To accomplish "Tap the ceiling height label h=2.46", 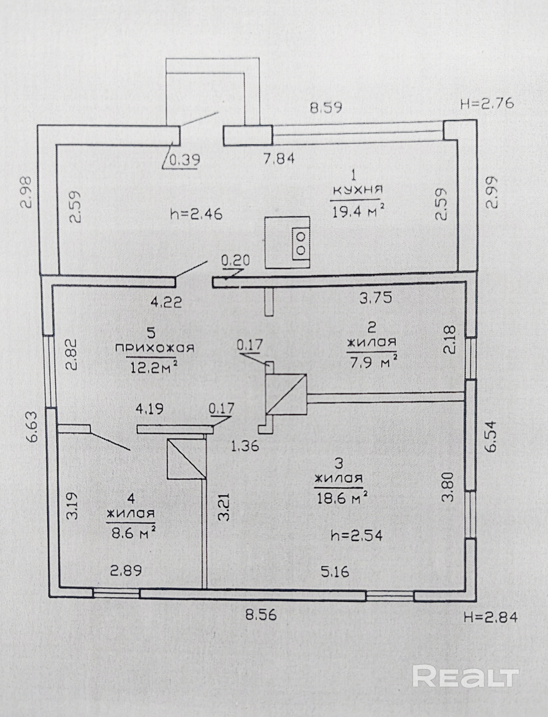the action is pyautogui.click(x=196, y=215).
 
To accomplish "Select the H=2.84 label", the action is pyautogui.click(x=490, y=618).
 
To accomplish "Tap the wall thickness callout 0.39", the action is pyautogui.click(x=185, y=160).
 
